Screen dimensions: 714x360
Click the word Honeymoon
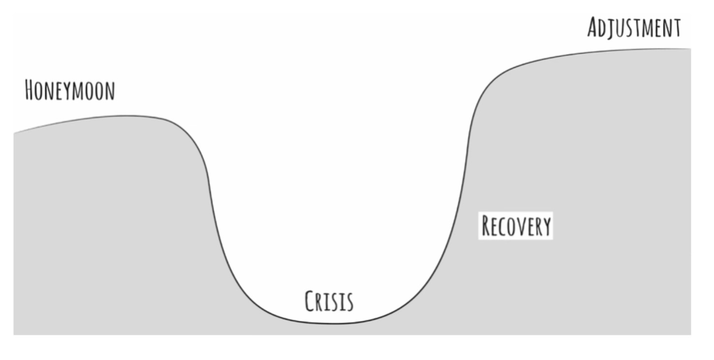[70, 91]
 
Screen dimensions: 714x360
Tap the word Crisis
[329, 301]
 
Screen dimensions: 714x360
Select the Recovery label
[516, 226]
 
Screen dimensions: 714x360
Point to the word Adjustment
[634, 28]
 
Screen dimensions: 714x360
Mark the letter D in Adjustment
[606, 28]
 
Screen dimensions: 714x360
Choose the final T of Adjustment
[676, 28]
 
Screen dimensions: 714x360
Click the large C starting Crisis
[310, 300]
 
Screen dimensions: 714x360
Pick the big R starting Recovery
[487, 226]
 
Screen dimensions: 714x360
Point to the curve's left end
[14, 132]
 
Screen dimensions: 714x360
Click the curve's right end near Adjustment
[690, 49]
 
